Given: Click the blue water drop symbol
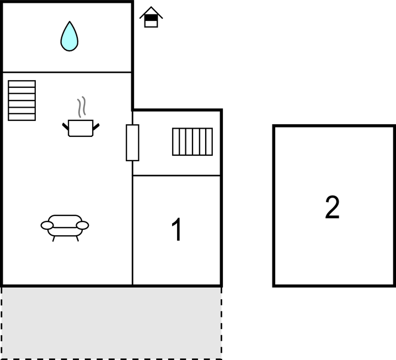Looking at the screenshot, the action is pos(69,36).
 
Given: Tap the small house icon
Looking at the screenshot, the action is pos(151,17).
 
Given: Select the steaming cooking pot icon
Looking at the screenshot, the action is pos(81,117).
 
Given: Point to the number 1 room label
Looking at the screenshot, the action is pos(176,230).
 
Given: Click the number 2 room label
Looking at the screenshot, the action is pos(332,207).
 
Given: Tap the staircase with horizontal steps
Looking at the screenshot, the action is pos(22,100).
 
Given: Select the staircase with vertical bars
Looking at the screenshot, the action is pos(192,141).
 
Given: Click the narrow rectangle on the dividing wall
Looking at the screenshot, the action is pos(132,142).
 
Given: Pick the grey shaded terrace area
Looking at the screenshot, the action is pos(111,323).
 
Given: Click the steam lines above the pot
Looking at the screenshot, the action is pos(81,107).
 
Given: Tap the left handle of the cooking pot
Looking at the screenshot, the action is pos(66,126).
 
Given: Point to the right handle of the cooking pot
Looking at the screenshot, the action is pos(96,126).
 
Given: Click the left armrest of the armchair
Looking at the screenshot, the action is pos(47,225).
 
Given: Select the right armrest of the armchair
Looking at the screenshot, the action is pos(83,225).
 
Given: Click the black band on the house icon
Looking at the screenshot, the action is pos(151,18).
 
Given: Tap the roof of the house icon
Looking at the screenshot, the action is pos(151,12).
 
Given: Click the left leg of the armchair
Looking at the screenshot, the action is pos(53,239).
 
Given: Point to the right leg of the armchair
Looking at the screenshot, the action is pos(77,239).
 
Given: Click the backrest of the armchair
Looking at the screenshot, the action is pos(65,219).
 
